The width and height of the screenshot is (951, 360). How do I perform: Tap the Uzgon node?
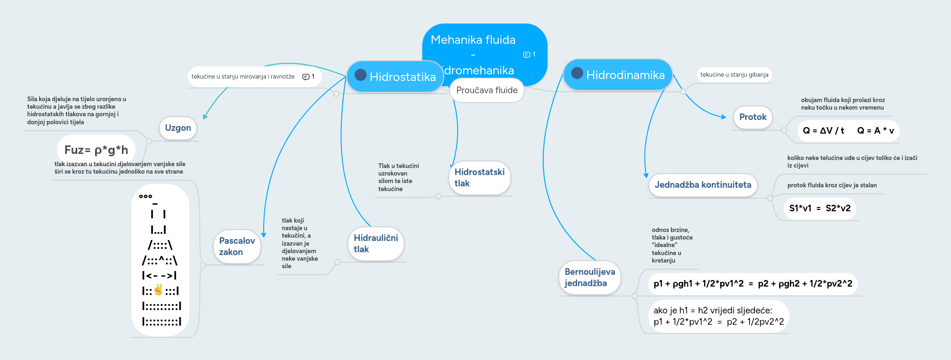pos(178,128)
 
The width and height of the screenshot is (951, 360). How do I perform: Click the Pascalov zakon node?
pos(237,246)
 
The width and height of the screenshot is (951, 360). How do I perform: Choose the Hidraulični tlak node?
pos(376,243)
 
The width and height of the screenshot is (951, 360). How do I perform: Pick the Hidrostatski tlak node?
pos(479,177)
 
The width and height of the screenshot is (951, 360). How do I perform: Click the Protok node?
pos(752,117)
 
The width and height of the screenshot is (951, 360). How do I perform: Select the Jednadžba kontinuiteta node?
pos(702,185)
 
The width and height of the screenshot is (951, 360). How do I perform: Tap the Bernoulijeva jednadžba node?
pos(589,277)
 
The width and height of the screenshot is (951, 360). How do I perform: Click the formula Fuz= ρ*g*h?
pos(96,150)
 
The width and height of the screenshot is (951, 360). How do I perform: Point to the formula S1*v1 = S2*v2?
pos(820,208)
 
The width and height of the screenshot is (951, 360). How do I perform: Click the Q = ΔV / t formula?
pos(823,131)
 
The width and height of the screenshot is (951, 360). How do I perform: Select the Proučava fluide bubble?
pos(487,90)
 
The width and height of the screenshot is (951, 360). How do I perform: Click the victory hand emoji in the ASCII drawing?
pos(158,290)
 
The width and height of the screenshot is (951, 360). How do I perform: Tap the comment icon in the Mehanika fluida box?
pos(527,55)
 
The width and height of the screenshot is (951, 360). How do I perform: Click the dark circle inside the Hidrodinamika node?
pos(577,73)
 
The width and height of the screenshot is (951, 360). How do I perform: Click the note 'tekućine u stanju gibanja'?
pos(734,75)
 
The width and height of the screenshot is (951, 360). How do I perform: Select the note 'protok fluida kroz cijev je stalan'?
pos(832,185)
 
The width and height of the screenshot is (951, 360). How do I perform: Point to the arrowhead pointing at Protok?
pos(724,117)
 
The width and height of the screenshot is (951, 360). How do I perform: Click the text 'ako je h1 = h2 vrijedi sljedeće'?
pos(713,311)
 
